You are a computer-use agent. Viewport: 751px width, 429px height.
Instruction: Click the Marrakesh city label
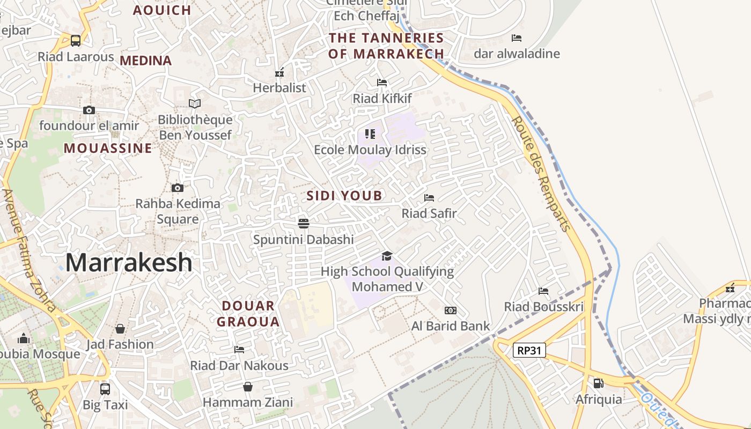coord(129,263)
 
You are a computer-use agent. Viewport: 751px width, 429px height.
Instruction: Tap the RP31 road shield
coord(529,351)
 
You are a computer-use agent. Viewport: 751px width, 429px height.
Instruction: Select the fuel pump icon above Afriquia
coord(598,383)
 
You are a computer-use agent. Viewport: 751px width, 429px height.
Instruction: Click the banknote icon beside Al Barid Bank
coord(451,310)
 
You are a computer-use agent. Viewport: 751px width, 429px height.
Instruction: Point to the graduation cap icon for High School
coord(387,256)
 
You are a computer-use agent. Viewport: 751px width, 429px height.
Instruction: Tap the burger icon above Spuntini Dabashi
coord(304,223)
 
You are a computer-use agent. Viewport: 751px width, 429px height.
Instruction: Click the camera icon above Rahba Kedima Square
coord(178,188)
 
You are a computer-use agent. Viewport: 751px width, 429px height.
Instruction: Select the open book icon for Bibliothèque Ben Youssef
coord(195,103)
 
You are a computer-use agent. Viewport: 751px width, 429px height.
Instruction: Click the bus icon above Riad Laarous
coord(76,40)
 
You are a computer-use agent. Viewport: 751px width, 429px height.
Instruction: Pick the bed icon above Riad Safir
coord(429,198)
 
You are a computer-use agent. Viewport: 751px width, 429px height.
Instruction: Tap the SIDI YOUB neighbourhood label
coord(344,196)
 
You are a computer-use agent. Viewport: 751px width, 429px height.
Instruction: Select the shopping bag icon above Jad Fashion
coord(120,328)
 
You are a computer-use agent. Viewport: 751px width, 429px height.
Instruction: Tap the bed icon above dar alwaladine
coord(517,38)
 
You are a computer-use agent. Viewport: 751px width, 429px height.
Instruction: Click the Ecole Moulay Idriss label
coord(370,150)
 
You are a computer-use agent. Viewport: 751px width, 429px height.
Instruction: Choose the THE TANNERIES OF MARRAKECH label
coord(386,46)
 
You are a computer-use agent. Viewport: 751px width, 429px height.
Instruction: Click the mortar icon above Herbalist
coord(279,72)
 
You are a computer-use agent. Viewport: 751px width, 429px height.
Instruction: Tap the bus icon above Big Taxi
coord(105,389)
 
